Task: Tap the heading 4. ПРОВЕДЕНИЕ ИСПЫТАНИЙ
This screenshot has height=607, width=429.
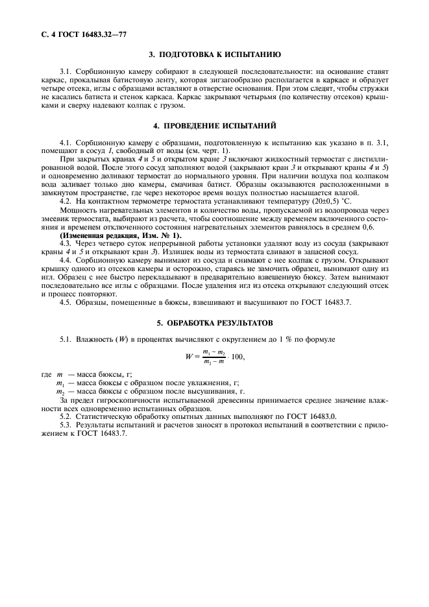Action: pos(215,125)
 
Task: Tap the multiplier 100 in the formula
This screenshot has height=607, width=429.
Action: pos(237,357)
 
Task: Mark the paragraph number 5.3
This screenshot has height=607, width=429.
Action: pos(65,424)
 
